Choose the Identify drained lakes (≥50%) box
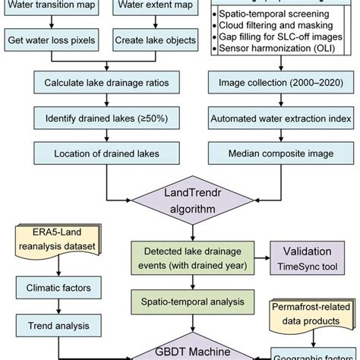point(106,118)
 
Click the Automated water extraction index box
point(275,118)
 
